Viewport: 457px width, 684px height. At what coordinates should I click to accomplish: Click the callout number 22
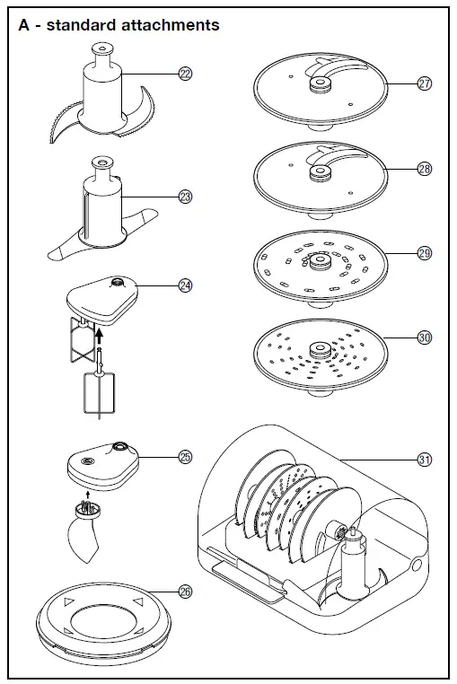click(x=185, y=74)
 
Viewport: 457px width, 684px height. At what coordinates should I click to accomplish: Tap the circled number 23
click(x=185, y=197)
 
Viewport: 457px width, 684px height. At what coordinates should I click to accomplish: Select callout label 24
click(x=185, y=285)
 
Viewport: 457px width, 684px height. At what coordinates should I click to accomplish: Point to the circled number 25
click(x=185, y=457)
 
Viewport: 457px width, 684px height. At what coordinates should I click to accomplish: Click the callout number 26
click(x=185, y=592)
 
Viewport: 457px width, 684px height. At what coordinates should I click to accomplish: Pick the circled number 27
click(x=425, y=83)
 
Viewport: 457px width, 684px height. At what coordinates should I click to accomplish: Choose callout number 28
click(x=425, y=169)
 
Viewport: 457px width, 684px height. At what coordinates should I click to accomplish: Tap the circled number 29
click(x=425, y=253)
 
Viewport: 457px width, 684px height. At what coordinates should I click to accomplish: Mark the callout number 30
click(x=425, y=338)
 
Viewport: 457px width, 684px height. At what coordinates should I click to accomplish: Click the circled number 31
click(x=425, y=460)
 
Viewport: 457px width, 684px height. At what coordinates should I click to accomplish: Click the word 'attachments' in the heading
click(x=171, y=25)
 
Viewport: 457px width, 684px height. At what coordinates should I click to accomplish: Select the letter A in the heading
click(x=24, y=25)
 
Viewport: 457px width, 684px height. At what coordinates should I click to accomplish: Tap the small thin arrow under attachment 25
click(x=88, y=495)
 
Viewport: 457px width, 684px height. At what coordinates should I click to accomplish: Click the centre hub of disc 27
click(x=321, y=83)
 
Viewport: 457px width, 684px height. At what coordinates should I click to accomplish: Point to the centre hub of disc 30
click(x=321, y=350)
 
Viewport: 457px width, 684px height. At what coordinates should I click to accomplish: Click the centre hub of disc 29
click(x=321, y=262)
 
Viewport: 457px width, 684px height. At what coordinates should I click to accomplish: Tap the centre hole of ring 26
click(x=102, y=622)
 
